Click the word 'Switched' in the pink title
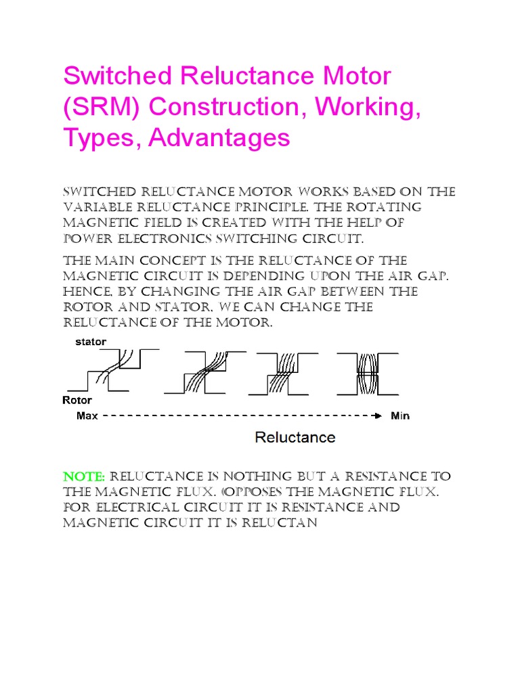(x=112, y=76)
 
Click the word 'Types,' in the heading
(x=102, y=138)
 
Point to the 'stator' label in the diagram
(x=90, y=342)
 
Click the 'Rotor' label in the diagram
(x=77, y=400)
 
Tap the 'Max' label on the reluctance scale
(x=87, y=415)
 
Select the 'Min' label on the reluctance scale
(x=400, y=415)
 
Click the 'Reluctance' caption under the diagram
(x=295, y=437)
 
